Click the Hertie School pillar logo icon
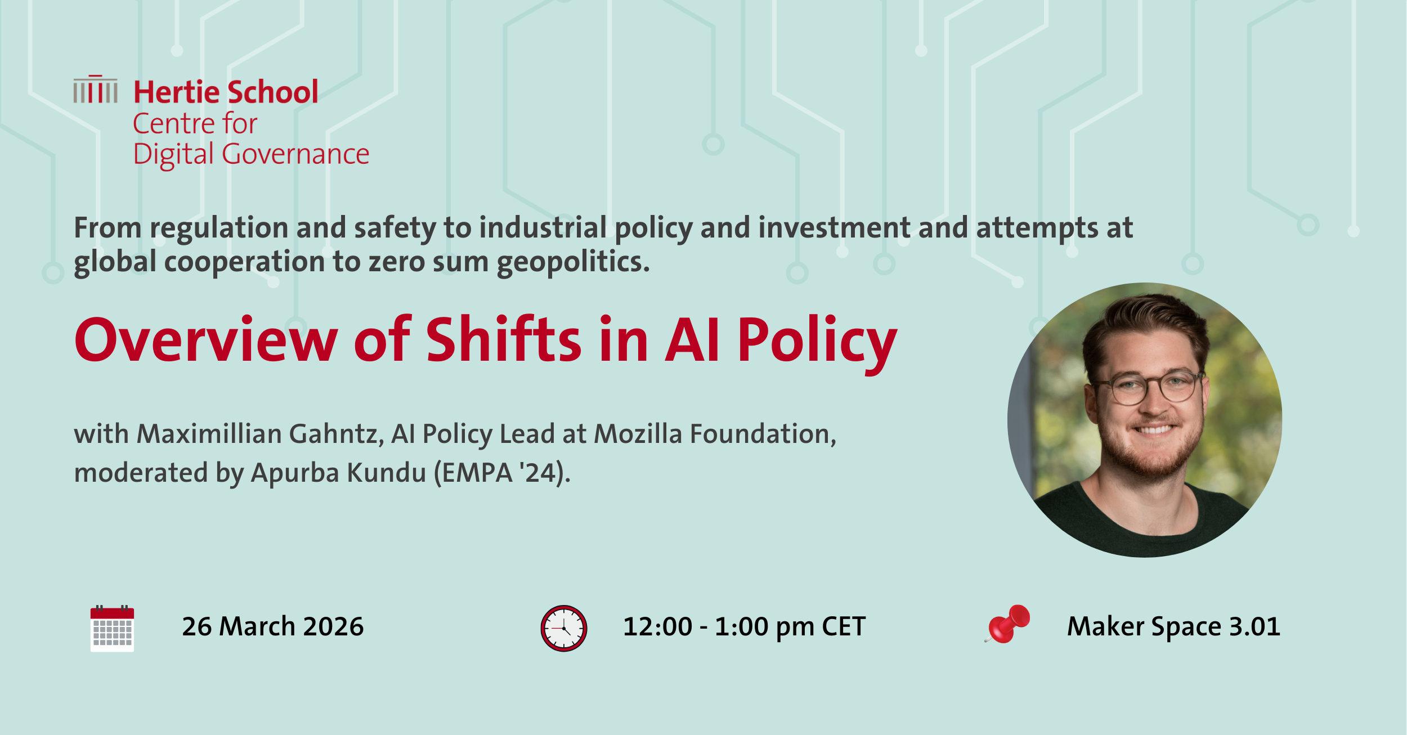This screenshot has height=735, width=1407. [x=95, y=89]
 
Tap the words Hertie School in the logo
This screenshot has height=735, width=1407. [x=226, y=92]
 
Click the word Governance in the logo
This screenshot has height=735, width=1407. [x=295, y=154]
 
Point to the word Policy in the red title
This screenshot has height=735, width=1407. [x=817, y=343]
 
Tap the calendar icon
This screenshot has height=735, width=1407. [x=112, y=628]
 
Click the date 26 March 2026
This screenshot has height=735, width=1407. [x=273, y=626]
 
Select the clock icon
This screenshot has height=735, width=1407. [x=563, y=628]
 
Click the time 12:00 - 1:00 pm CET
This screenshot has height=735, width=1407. [x=744, y=627]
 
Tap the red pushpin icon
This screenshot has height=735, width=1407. [x=1007, y=624]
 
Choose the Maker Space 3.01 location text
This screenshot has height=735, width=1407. [x=1173, y=627]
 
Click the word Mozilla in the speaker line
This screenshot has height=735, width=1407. [x=638, y=434]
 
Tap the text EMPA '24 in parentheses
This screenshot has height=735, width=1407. [x=500, y=473]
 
